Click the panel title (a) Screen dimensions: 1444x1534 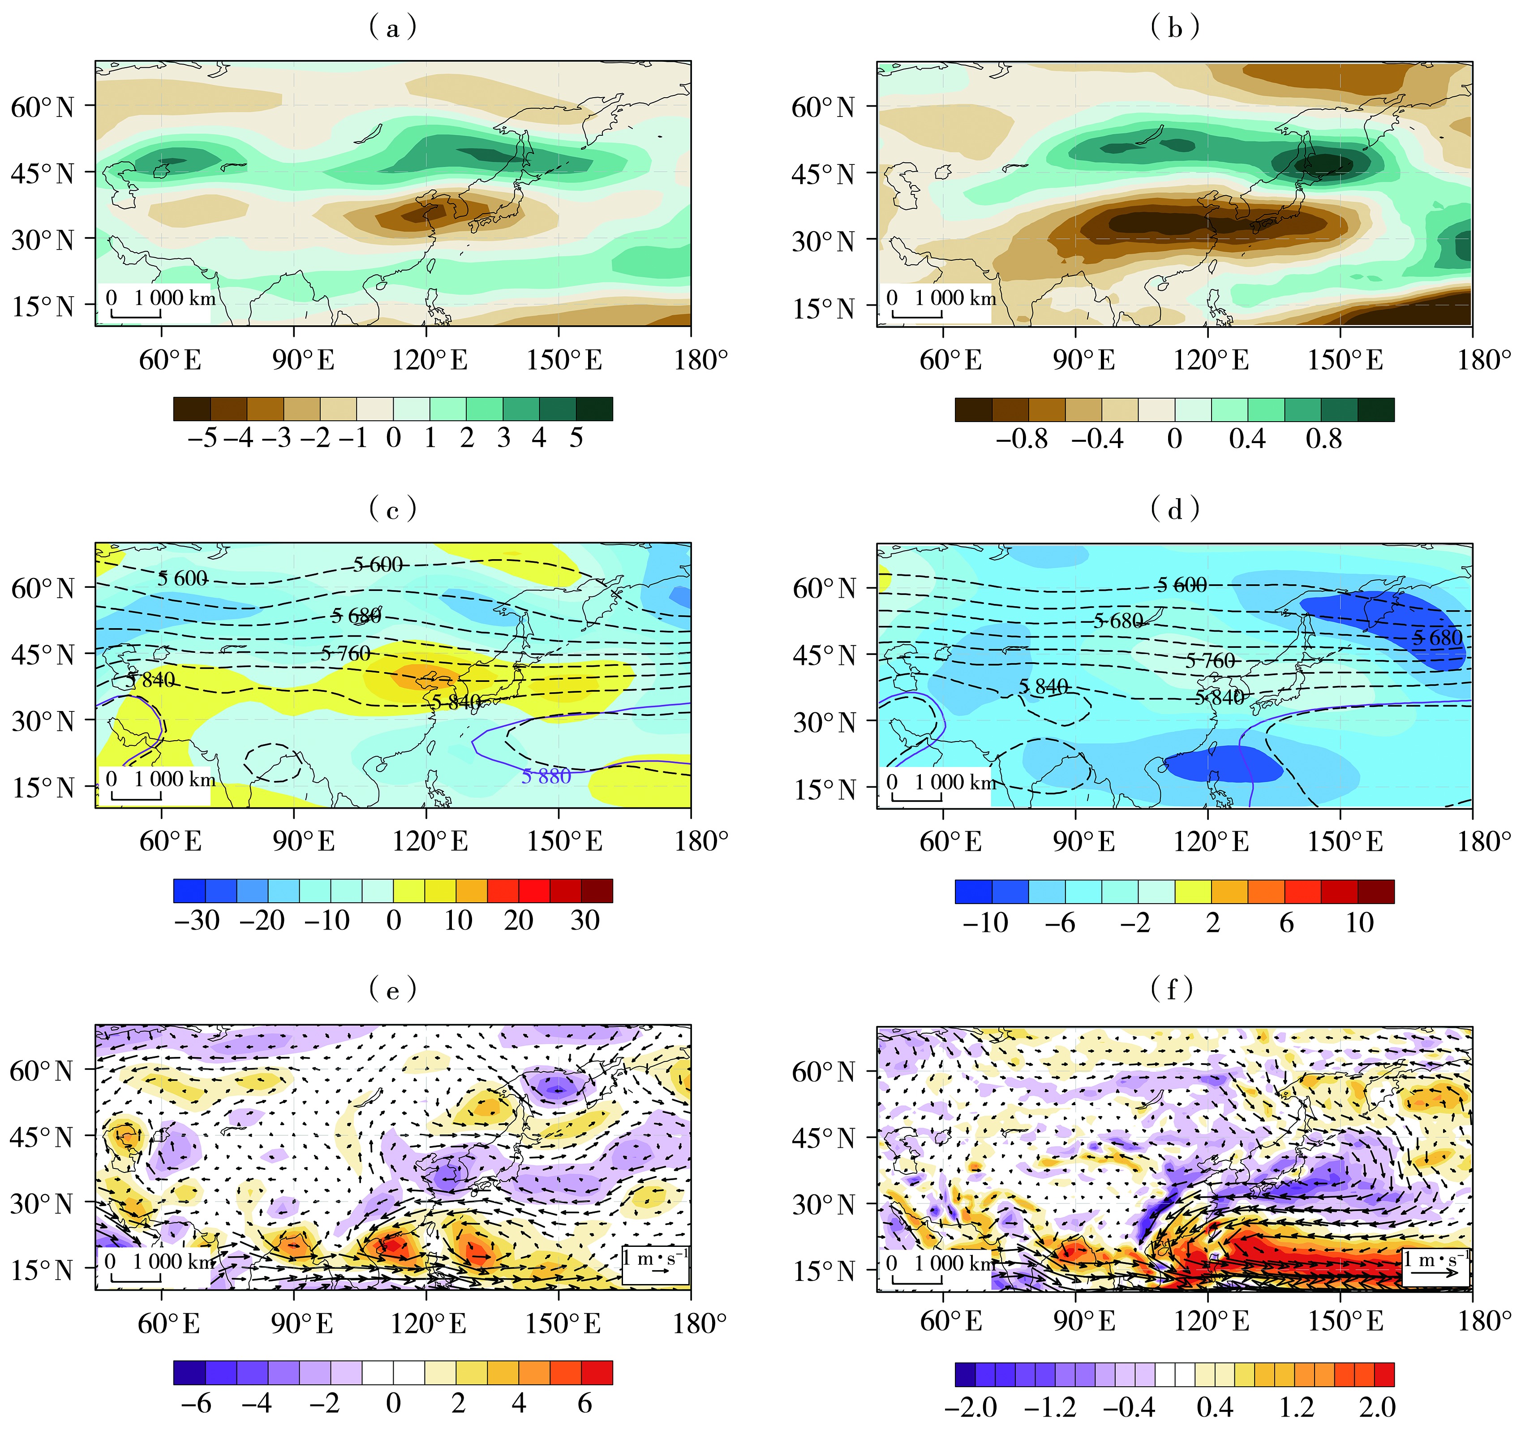394,28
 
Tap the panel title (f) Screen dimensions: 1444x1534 1174,989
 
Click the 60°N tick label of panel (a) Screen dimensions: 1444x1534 43,107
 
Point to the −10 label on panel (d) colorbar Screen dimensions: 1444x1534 984,922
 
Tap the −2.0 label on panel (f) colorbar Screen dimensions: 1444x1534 971,1406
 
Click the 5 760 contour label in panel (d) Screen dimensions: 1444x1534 1210,661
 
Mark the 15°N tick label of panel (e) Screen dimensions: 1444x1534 43,1270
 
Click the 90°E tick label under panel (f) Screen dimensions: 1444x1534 1083,1321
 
